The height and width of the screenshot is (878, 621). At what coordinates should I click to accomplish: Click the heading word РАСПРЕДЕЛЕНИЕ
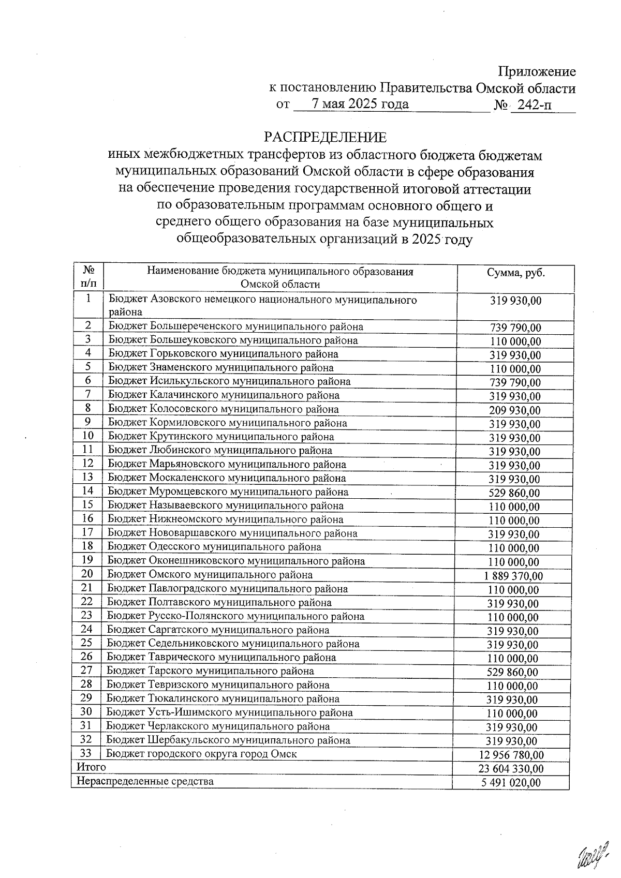coord(325,137)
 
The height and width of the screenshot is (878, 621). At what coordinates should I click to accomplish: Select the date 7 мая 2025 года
coord(360,104)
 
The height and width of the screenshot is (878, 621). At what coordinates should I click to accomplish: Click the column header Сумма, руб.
coord(515,273)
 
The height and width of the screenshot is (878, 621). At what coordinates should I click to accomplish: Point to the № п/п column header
coord(88,277)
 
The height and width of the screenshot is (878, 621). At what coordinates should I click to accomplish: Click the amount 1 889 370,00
coord(515,576)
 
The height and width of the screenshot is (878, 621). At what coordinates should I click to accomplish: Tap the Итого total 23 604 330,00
coord(511,769)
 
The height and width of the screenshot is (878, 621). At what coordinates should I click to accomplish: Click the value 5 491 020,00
coord(511,782)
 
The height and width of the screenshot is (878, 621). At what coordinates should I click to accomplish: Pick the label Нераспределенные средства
coord(145,781)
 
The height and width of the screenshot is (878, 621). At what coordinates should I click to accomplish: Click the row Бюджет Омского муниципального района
coord(210,575)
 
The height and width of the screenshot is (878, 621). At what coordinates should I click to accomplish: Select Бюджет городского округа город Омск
coord(202,754)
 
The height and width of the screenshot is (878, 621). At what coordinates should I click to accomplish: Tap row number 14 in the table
coord(87,491)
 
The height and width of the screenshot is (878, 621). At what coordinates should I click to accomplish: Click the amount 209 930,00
coord(515,410)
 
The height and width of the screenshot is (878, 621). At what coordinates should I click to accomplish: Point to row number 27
coord(86,671)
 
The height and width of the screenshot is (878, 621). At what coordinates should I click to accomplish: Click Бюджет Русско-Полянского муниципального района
coord(235,616)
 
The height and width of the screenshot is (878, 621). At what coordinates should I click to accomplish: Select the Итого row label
coord(91,767)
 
